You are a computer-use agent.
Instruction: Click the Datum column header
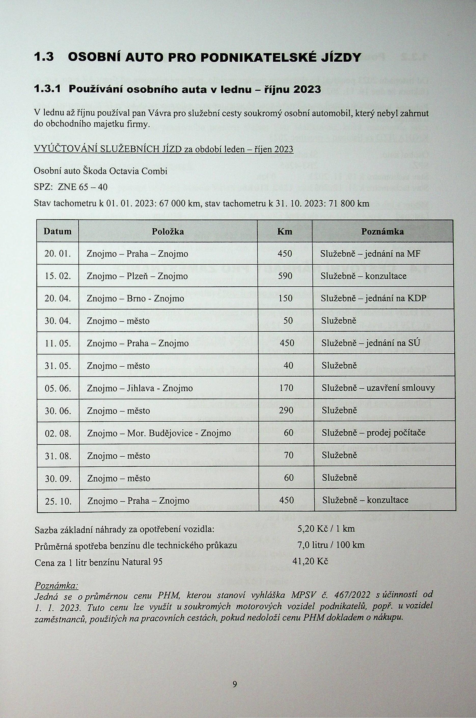57,232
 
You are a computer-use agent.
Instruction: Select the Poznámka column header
382,232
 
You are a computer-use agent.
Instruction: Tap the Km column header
284,232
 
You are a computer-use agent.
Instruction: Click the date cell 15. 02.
58,276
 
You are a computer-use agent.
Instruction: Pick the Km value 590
285,276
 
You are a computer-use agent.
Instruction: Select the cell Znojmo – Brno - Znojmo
135,298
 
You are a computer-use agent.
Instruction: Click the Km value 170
286,388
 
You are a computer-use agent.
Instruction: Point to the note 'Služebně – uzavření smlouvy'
378,388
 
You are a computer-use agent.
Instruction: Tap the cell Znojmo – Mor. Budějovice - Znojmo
159,433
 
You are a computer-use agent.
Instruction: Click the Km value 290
286,411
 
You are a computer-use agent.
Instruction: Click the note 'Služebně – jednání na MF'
370,254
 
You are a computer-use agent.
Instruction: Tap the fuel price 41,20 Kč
310,561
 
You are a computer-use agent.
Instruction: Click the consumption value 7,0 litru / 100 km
331,545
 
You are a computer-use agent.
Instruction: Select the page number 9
234,676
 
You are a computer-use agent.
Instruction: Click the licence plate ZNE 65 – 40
82,187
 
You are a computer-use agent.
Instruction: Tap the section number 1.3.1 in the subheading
47,89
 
